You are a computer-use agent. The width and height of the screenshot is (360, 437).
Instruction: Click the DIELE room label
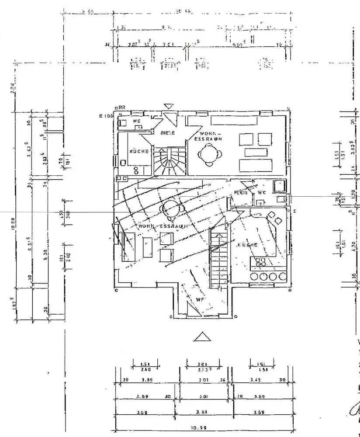(168, 133)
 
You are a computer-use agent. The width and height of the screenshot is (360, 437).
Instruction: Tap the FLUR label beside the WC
(242, 192)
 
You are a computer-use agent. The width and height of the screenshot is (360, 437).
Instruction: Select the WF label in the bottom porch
(200, 300)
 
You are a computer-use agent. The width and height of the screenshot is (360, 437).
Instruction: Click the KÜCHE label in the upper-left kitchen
(139, 151)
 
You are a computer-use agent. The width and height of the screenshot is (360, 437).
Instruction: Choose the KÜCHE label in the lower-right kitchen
(247, 245)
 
